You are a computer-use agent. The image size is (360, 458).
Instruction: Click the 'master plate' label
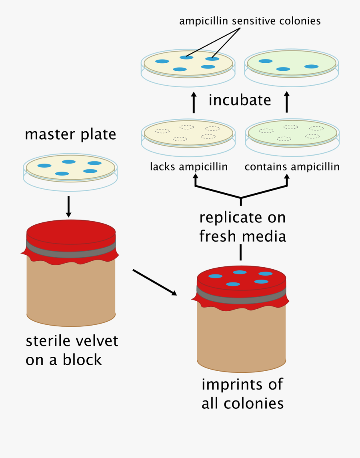pyautogui.click(x=70, y=134)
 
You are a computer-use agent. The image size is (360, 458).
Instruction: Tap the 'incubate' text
pyautogui.click(x=240, y=100)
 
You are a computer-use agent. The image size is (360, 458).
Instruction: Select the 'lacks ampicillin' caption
pyautogui.click(x=189, y=166)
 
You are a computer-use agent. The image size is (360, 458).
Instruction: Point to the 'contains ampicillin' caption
pyautogui.click(x=292, y=166)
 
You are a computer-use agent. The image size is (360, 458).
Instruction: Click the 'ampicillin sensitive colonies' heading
pyautogui.click(x=250, y=21)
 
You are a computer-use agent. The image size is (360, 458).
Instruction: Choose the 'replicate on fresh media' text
pyautogui.click(x=242, y=227)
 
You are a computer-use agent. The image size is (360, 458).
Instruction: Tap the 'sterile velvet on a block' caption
pyautogui.click(x=72, y=350)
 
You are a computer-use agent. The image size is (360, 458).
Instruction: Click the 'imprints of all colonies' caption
pyautogui.click(x=242, y=394)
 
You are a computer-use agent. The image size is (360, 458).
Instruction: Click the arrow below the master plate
pyautogui.click(x=68, y=206)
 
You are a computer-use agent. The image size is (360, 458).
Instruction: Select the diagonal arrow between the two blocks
pyautogui.click(x=154, y=282)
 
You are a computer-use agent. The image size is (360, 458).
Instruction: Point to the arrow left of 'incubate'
pyautogui.click(x=194, y=103)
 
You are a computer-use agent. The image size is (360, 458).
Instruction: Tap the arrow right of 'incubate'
pyautogui.click(x=286, y=103)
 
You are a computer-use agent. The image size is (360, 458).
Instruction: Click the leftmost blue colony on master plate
pyautogui.click(x=44, y=166)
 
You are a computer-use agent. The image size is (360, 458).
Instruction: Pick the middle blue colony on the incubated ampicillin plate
pyautogui.click(x=283, y=69)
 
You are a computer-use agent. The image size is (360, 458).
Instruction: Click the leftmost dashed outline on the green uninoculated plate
pyautogui.click(x=266, y=131)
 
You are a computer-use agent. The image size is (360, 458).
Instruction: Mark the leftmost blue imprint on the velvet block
pyautogui.click(x=215, y=276)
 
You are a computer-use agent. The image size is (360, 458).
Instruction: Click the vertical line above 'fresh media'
pyautogui.click(x=241, y=252)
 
